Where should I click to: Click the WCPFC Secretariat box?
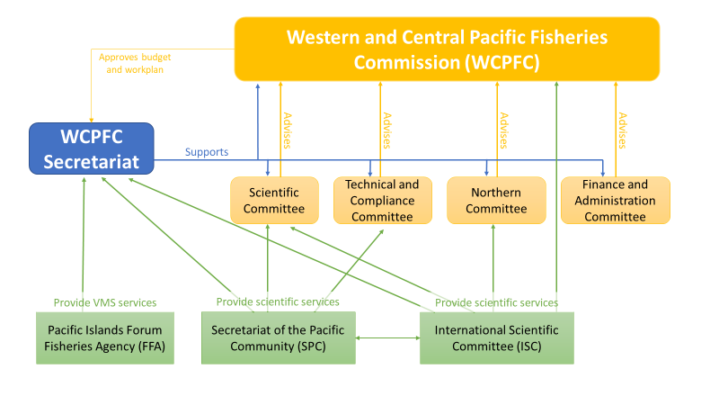(90, 149)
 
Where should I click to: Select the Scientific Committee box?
(275, 200)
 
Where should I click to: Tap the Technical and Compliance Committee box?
(382, 200)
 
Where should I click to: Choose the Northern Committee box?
(496, 200)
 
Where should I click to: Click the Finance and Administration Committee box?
(615, 200)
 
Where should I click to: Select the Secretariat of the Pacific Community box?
(279, 337)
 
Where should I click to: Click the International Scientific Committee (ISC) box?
(497, 337)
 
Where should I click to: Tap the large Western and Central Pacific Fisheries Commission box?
(447, 49)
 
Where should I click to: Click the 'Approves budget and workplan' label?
(134, 63)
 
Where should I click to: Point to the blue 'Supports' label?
(207, 152)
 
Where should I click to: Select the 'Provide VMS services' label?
(105, 302)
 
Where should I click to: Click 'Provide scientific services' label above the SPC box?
(278, 301)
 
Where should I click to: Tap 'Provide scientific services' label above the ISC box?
(497, 302)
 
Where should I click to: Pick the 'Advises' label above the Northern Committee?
(504, 130)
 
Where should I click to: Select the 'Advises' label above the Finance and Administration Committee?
(623, 130)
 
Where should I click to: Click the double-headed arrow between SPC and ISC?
(388, 338)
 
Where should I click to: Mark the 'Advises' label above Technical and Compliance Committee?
(387, 130)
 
